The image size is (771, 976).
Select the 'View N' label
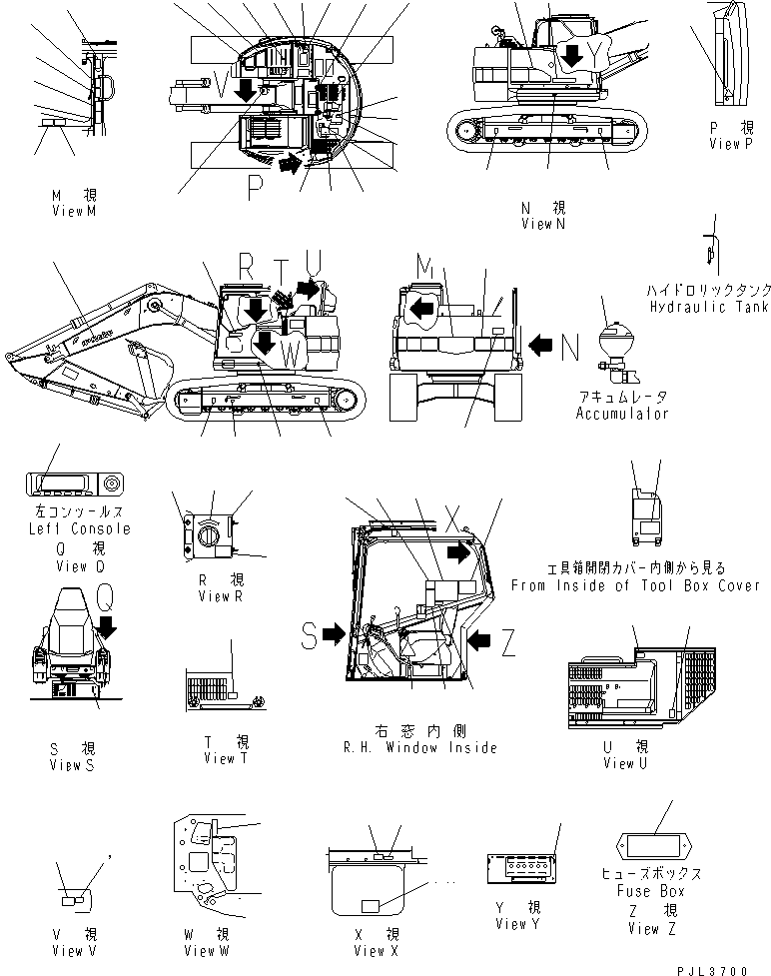542,224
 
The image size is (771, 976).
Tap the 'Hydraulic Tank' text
707,307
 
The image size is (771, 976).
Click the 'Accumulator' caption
622,413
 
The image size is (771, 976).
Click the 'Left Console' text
76,528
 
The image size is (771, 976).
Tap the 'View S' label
72,765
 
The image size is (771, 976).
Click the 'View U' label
626,763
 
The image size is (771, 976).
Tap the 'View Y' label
517,923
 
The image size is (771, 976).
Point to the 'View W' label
207,949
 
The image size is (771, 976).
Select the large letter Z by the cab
507,644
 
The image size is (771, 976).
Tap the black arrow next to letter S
335,632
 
